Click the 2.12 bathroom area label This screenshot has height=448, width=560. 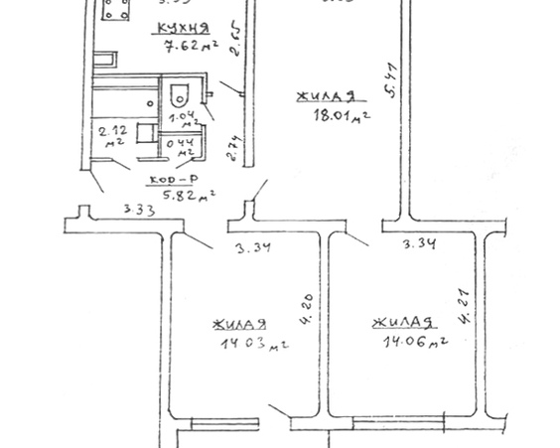pyautogui.click(x=107, y=133)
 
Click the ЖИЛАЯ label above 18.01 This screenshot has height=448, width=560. pyautogui.click(x=325, y=96)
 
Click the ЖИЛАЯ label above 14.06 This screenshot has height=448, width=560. pyautogui.click(x=402, y=323)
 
